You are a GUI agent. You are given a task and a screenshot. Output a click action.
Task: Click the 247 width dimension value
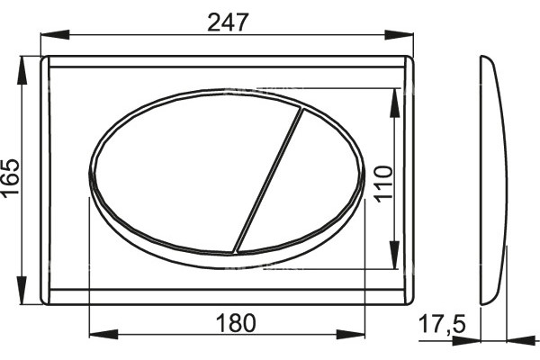point(228,22)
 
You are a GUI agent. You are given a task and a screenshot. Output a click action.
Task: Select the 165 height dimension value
point(10,178)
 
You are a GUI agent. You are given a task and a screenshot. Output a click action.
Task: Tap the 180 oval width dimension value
point(236,323)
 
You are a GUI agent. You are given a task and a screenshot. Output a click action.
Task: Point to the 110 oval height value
point(383,184)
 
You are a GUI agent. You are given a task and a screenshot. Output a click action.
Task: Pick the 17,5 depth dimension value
point(442,324)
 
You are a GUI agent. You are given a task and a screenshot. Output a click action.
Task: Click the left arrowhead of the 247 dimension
point(55,34)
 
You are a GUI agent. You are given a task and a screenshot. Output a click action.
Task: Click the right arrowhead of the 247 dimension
point(399,34)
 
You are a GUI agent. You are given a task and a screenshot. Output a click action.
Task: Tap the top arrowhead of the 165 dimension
point(22,70)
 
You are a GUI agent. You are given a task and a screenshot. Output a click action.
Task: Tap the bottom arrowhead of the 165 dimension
point(22,290)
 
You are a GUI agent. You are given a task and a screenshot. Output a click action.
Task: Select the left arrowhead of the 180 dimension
point(103,334)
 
